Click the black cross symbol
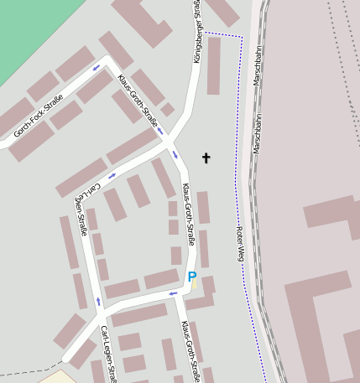coord(206,157)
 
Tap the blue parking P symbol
coord(191,277)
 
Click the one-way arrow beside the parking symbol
coord(174,292)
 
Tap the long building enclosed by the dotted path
coord(213,65)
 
